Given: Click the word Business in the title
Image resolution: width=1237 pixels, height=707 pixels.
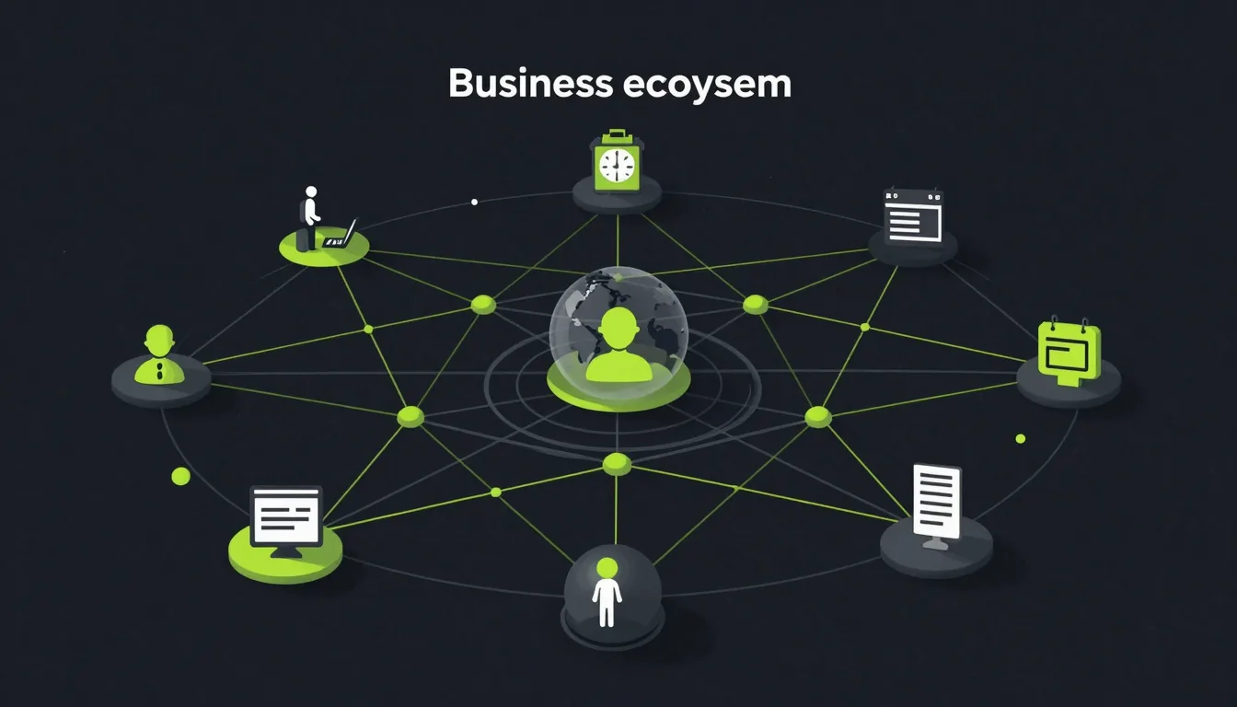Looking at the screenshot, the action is tap(530, 84).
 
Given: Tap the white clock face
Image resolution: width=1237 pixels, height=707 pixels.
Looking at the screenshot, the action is tap(617, 166).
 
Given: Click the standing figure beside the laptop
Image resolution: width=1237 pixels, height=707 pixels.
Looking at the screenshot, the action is tap(310, 218).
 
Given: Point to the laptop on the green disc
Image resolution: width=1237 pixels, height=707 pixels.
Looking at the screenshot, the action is tap(341, 234).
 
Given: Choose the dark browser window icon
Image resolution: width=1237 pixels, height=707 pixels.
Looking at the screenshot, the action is tap(913, 215).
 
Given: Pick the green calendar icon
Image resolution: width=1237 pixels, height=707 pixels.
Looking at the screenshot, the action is tap(1069, 353).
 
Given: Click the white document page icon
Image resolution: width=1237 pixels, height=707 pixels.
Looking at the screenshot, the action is tap(937, 502).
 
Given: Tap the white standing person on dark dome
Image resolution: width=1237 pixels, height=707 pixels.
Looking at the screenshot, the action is tap(607, 592).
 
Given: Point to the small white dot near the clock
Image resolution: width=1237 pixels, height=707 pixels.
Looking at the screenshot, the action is tap(474, 203).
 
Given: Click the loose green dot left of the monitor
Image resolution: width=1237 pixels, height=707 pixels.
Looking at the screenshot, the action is tap(180, 476).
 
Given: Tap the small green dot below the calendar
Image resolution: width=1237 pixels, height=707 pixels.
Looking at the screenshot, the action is tap(1021, 438).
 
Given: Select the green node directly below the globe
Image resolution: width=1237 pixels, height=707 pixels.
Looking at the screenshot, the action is tap(617, 464).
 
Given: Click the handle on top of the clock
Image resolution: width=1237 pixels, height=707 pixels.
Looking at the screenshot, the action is tap(617, 134).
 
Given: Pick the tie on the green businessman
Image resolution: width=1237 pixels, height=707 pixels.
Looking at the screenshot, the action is tap(160, 371).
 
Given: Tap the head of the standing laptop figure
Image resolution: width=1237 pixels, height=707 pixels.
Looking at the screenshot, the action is tap(311, 191).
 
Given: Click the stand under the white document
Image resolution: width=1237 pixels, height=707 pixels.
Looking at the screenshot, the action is tap(935, 543).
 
